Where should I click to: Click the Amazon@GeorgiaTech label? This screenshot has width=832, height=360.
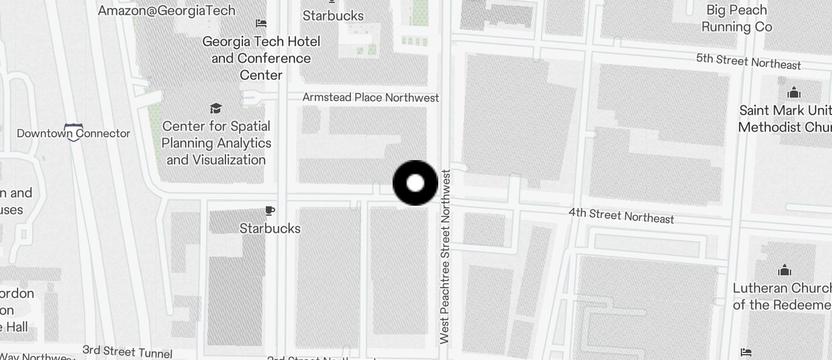tap(167, 11)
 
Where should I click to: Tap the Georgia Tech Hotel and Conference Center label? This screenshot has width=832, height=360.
tap(261, 58)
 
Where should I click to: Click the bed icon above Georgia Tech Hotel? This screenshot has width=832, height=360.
tap(261, 23)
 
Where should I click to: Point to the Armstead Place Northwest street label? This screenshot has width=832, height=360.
tap(370, 98)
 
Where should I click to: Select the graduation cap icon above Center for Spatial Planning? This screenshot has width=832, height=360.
tap(216, 108)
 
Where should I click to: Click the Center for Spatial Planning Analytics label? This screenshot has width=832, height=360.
tap(216, 143)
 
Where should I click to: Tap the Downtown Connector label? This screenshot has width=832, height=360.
tap(73, 133)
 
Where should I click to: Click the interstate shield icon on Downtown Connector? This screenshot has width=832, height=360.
tap(74, 132)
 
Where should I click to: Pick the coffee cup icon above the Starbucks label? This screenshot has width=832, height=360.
tap(269, 210)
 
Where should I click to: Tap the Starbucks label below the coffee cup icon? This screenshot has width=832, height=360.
tap(270, 229)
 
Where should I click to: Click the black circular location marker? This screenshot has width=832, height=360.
tap(415, 183)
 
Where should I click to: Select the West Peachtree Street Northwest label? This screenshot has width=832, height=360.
tap(445, 257)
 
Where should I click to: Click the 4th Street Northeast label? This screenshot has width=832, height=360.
tap(621, 216)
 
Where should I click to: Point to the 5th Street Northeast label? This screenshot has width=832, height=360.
tap(748, 61)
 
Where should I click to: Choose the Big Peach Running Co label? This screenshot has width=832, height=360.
tap(736, 19)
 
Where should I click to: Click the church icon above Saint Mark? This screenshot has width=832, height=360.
tap(793, 93)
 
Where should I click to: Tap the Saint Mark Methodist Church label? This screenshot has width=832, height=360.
tap(785, 119)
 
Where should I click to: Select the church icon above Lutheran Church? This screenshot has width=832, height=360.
tap(785, 270)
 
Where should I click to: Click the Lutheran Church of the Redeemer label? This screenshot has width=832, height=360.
tap(782, 296)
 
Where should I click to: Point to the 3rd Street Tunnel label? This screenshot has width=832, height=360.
tap(127, 351)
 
